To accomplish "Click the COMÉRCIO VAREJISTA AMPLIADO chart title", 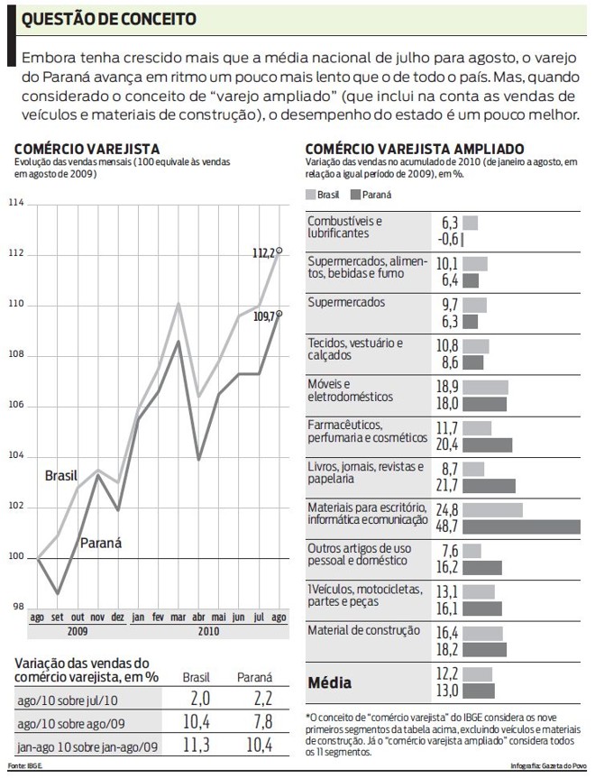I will tap(415, 148).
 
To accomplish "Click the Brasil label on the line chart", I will tap(62, 475).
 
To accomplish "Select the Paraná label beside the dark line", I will tap(101, 543).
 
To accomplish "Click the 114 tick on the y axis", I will tap(17, 205).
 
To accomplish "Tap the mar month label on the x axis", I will tap(178, 618).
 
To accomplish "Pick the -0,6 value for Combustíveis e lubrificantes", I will tap(448, 239).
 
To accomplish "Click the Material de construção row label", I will tap(364, 630).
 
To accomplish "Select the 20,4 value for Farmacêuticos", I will tap(448, 444).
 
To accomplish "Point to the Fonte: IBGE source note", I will tap(24, 765).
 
